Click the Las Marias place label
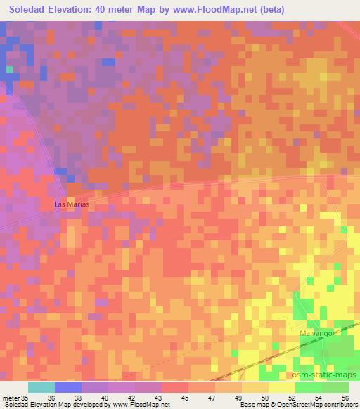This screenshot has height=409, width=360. point(72,204)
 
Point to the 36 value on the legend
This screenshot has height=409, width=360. point(68,397)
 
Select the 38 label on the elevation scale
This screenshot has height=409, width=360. point(96,397)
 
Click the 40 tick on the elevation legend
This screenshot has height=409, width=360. point(122,397)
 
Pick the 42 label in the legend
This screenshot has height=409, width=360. point(150,397)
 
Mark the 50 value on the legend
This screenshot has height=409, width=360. point(267,397)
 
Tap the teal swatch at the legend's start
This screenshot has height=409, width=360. point(41,387)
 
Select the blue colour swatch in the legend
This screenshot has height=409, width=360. point(68,387)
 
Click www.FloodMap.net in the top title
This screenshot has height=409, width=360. point(210,10)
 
